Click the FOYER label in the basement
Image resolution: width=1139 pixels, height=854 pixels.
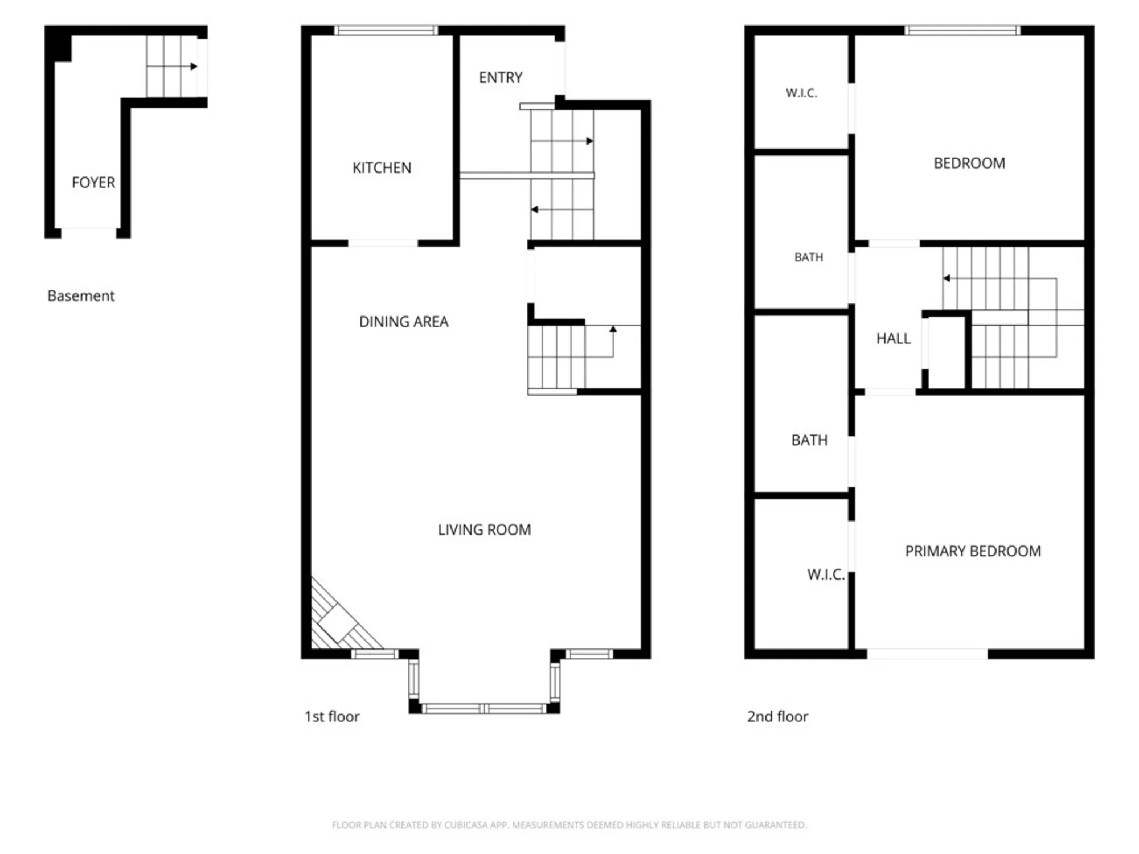point(93,183)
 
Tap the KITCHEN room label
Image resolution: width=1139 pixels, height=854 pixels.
point(382,168)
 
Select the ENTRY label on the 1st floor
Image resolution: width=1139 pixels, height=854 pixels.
point(501,77)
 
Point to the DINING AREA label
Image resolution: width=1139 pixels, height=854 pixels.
point(404,322)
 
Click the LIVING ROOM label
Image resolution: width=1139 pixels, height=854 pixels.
point(485,530)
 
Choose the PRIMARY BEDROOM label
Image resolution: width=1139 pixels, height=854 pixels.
point(973,551)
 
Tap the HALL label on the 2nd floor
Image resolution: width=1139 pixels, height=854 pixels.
point(894,339)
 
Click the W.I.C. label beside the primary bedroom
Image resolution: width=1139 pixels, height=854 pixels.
point(826,574)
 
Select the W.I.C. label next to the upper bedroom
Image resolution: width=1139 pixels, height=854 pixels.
point(801,93)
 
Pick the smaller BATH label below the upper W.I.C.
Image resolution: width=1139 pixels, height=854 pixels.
point(809,257)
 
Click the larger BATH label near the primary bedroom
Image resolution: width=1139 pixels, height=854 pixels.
point(809,440)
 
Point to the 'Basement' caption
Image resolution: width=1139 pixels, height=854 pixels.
point(81,296)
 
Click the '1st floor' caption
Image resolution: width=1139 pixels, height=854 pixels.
point(332,717)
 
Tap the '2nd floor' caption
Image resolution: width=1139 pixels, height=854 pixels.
point(777,717)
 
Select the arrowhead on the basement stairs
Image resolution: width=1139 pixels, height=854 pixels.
point(194,67)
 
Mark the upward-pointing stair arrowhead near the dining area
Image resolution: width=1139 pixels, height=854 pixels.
point(613,329)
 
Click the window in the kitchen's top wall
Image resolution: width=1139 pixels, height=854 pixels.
point(386,30)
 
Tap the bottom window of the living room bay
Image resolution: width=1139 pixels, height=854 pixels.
point(484,708)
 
